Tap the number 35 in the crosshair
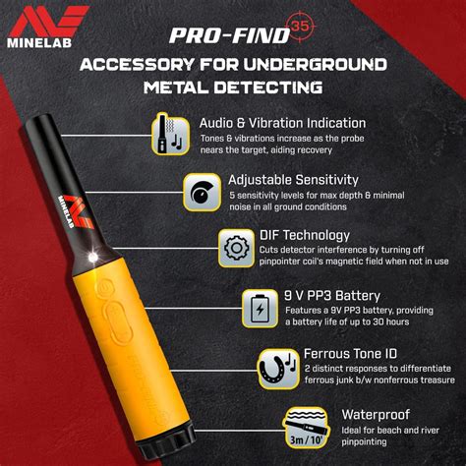tap(300, 26)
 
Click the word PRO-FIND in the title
tap(230, 35)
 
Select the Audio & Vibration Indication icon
tap(171, 134)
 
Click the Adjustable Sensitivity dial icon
tap(203, 192)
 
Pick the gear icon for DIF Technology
tap(237, 248)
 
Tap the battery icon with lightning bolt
tap(261, 309)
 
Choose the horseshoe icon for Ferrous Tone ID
tap(278, 370)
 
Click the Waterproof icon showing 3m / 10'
tap(306, 428)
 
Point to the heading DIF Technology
tap(305, 235)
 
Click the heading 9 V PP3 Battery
tap(332, 296)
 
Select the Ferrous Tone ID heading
tap(350, 354)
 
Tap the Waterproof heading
tap(376, 415)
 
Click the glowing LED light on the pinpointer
tap(93, 258)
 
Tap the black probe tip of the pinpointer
tap(39, 122)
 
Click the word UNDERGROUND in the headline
tap(316, 64)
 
